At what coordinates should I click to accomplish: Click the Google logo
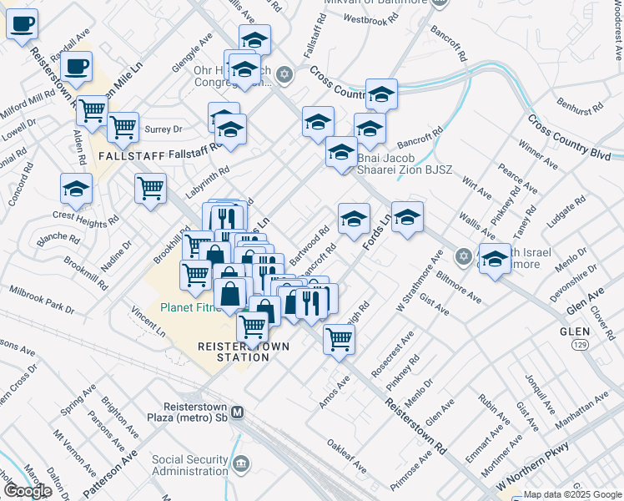pyautogui.click(x=28, y=491)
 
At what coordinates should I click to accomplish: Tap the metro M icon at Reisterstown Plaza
pyautogui.click(x=238, y=412)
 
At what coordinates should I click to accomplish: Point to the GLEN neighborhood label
pyautogui.click(x=575, y=331)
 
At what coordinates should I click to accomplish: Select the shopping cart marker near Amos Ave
pyautogui.click(x=339, y=339)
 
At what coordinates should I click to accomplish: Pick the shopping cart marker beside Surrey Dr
pyautogui.click(x=123, y=127)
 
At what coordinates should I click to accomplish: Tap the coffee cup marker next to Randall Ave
pyautogui.click(x=76, y=66)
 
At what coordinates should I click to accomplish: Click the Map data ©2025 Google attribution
pyautogui.click(x=572, y=494)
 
